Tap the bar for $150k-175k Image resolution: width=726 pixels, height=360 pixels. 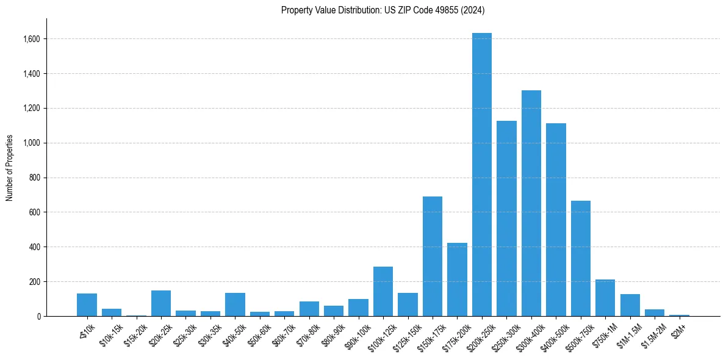click(432, 256)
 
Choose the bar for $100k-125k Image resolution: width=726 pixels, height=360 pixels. click(383, 291)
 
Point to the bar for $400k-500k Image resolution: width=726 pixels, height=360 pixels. click(556, 220)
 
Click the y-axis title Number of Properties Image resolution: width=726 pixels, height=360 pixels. click(10, 168)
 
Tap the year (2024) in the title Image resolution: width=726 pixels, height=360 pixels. click(474, 10)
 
